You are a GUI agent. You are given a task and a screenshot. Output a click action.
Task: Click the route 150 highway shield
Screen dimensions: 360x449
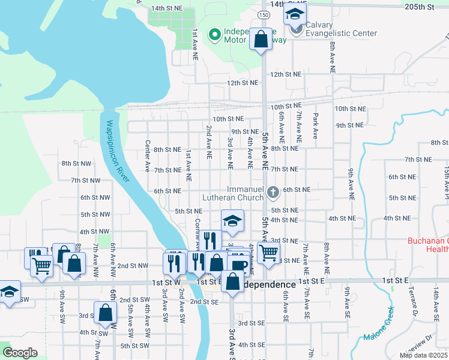click(x=264, y=14)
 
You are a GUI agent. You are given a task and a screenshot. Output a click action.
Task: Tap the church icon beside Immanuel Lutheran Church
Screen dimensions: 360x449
click(x=273, y=193)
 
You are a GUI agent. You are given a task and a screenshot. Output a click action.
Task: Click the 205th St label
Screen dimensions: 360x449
click(x=419, y=7)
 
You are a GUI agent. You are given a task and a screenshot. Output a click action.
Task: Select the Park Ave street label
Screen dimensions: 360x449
click(x=315, y=125)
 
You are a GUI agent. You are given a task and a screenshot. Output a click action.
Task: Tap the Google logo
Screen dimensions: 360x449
click(x=20, y=353)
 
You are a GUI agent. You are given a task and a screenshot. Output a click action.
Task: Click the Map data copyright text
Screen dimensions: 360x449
click(x=424, y=355)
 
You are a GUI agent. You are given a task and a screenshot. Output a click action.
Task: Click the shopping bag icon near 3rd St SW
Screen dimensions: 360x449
click(x=105, y=313)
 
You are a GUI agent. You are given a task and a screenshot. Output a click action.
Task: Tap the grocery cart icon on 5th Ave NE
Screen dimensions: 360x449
click(x=268, y=253)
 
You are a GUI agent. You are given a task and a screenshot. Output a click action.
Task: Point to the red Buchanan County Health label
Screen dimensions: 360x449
click(x=428, y=245)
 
